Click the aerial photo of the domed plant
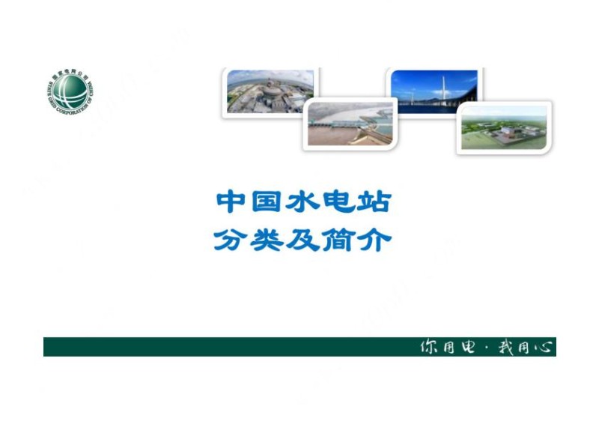coord(270,91)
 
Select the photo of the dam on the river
coord(350,124)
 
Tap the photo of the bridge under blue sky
coord(434,91)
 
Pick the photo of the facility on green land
coord(504,128)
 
